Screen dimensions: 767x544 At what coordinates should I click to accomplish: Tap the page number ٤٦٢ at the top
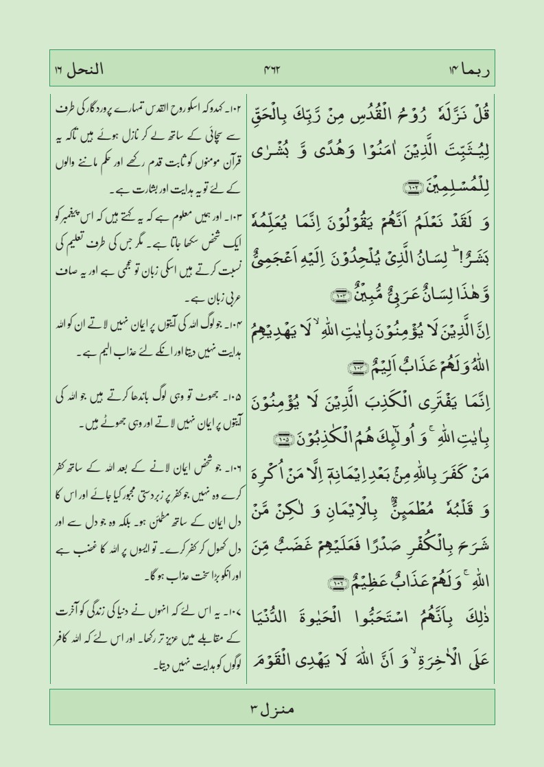tap(273, 69)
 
